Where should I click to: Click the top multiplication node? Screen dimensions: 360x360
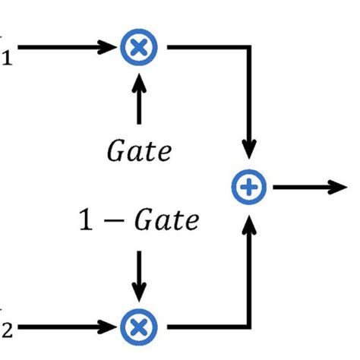tap(139, 47)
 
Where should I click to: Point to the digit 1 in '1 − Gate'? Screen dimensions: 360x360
tap(86, 221)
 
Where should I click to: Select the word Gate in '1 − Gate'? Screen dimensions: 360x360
tap(165, 222)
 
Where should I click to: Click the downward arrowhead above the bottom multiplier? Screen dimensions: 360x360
tap(139, 292)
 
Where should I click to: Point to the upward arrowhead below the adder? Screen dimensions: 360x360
tap(250, 221)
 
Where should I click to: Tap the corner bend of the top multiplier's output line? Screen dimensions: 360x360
tap(250, 47)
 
